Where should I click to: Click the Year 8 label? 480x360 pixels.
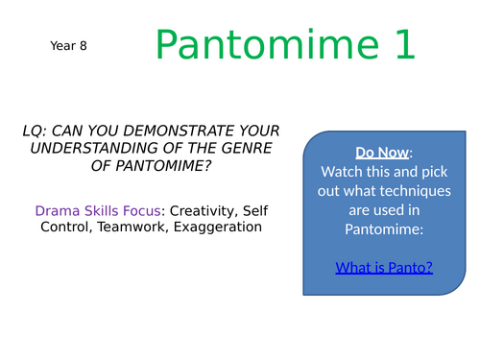(x=68, y=46)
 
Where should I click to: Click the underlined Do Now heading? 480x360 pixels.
(x=382, y=153)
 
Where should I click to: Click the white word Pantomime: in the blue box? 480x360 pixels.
(x=384, y=229)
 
